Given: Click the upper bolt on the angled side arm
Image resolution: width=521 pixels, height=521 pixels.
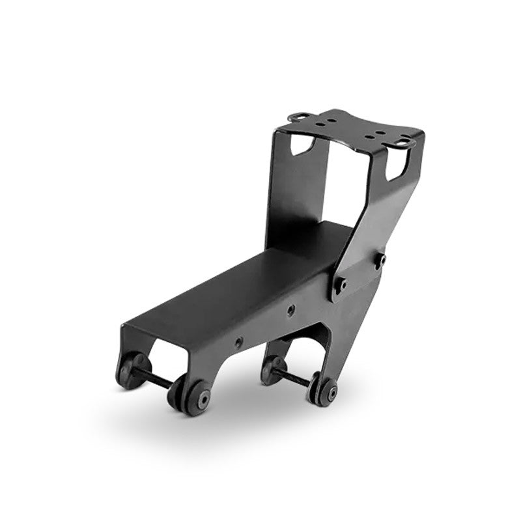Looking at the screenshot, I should pos(379,259).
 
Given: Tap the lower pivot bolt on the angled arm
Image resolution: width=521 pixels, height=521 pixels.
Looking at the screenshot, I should pos(340,284).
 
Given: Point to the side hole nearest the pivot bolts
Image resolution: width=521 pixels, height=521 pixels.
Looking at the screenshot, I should pos(290,310).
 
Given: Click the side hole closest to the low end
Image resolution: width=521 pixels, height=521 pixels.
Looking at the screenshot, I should pos(239,341).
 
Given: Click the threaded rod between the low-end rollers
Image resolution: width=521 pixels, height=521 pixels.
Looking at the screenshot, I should pos(155,380).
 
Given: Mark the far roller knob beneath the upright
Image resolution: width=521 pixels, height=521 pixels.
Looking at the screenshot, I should pos(273,369).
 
